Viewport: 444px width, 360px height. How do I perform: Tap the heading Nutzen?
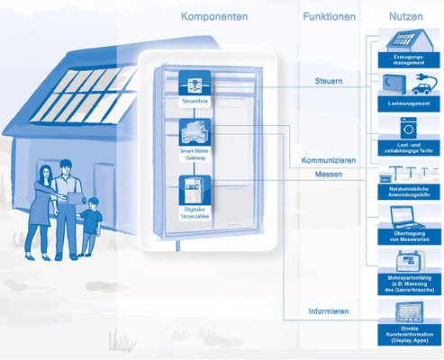[x=407, y=17]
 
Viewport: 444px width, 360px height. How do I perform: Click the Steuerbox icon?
[x=195, y=86]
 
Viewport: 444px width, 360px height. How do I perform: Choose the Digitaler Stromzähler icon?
[x=195, y=193]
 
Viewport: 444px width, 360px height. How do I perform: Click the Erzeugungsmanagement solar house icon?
[x=407, y=43]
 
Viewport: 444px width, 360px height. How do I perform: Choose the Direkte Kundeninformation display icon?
[x=407, y=314]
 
